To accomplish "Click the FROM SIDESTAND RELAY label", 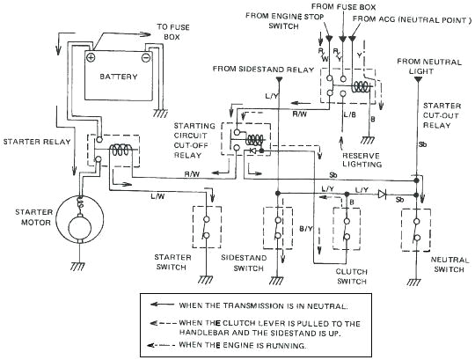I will tap(263, 68).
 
